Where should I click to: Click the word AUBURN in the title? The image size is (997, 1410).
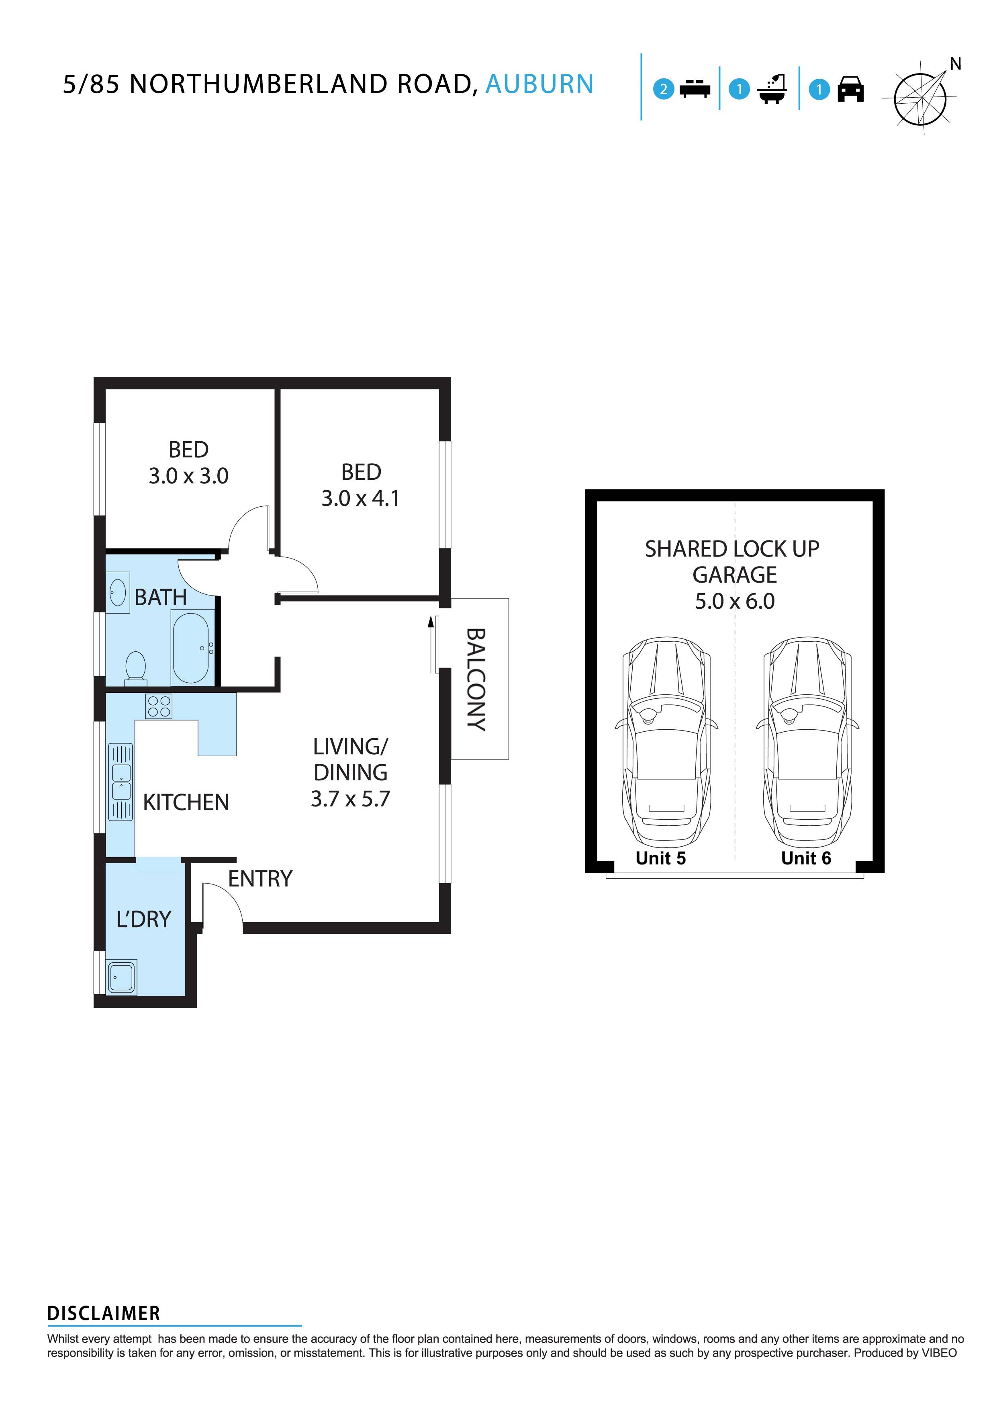pyautogui.click(x=539, y=84)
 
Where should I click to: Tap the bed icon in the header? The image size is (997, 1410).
pyautogui.click(x=695, y=90)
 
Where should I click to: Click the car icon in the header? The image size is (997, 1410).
pyautogui.click(x=850, y=90)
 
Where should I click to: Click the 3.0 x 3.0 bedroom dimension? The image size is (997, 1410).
pyautogui.click(x=188, y=476)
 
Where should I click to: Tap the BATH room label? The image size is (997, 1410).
pyautogui.click(x=160, y=597)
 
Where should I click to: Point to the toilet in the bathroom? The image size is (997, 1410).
pyautogui.click(x=135, y=667)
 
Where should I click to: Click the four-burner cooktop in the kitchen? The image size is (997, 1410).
pyautogui.click(x=159, y=706)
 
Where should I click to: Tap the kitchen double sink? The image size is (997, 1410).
pyautogui.click(x=121, y=782)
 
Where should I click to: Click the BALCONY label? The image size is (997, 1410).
pyautogui.click(x=476, y=679)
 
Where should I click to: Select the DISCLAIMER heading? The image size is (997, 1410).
pyautogui.click(x=104, y=1314)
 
